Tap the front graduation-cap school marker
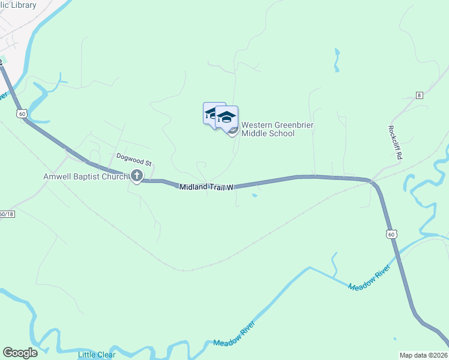point(226,116)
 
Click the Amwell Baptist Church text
point(85,176)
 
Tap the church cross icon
point(137,176)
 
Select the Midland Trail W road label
point(206,188)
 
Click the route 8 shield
point(420,96)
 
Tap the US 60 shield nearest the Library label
point(22,113)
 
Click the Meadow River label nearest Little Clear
point(234,334)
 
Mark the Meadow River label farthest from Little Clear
point(370,277)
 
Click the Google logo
point(20,353)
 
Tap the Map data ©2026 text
point(423,355)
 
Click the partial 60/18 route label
point(7,214)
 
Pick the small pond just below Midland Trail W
point(256,194)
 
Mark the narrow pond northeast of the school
point(337,61)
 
